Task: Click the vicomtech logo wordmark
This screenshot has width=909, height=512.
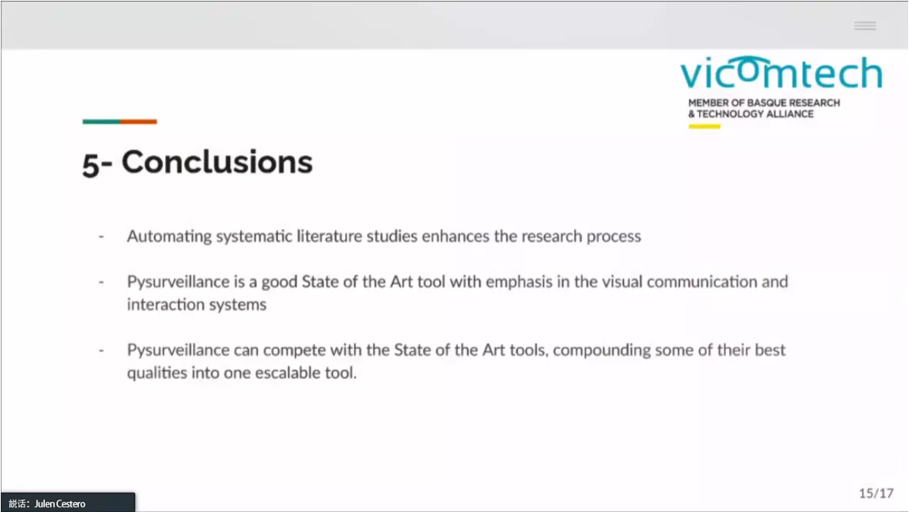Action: (x=781, y=73)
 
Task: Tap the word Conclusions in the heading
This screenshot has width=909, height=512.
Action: (x=217, y=161)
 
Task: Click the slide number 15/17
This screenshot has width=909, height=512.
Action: (x=876, y=493)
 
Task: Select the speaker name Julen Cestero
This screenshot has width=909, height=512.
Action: (x=59, y=504)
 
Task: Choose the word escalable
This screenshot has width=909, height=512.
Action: (x=288, y=373)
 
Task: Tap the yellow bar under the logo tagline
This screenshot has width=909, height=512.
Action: (x=704, y=127)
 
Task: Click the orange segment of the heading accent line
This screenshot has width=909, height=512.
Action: (x=138, y=122)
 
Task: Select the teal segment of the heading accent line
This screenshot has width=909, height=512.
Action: (x=101, y=122)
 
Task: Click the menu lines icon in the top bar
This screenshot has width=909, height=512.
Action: (x=865, y=25)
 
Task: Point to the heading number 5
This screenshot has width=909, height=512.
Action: (x=91, y=164)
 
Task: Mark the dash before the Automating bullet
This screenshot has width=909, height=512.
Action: (x=101, y=236)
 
